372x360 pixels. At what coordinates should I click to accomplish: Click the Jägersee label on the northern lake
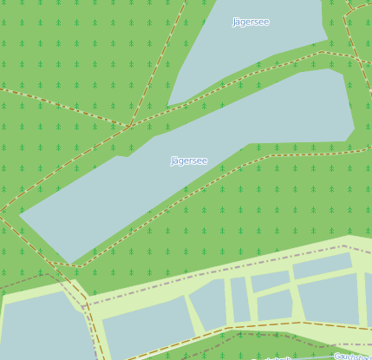coord(251,22)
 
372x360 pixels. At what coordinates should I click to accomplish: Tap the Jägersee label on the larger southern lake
coord(189,160)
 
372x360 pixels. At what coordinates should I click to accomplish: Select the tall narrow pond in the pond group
coord(239,298)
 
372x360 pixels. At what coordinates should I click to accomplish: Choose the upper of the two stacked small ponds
coord(270,281)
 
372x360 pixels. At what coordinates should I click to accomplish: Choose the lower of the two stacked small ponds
coord(275,304)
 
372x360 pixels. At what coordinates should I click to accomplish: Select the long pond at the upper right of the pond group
coord(322,265)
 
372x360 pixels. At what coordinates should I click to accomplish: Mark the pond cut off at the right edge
coord(369,299)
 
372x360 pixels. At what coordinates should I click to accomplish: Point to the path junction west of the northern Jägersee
coord(131,127)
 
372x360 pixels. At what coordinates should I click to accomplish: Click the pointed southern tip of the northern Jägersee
coord(170,104)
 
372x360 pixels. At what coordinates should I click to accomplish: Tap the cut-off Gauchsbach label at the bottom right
coord(353,357)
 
